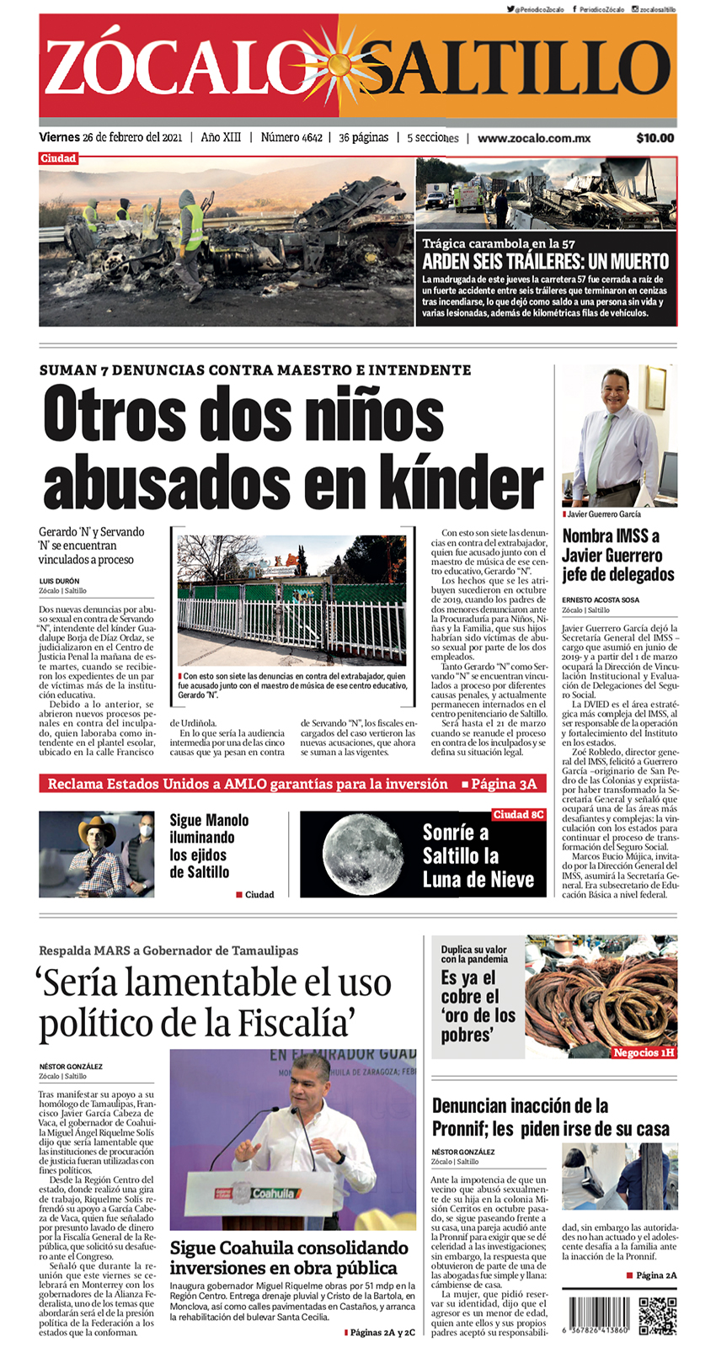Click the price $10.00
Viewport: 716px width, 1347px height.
coord(655,138)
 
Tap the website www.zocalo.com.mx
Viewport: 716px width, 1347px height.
coord(534,138)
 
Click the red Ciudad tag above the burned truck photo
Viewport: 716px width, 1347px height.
coord(58,158)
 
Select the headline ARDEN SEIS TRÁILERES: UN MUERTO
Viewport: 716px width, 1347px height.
coord(545,261)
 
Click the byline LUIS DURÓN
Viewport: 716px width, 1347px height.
coord(59,581)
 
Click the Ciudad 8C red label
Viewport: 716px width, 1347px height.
coord(518,815)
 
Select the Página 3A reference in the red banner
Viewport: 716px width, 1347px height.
coord(503,784)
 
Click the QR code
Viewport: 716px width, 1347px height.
coord(657,1317)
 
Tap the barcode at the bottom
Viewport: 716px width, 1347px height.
coord(599,1313)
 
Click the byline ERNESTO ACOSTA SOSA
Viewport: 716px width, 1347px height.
coord(601,600)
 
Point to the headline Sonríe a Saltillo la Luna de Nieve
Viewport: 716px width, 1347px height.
coord(478,856)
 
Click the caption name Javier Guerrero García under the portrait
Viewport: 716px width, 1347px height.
coord(604,514)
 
